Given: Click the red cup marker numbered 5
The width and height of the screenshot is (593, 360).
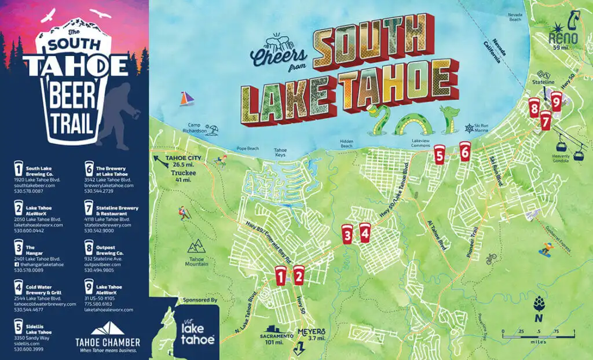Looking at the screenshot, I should coord(440,155).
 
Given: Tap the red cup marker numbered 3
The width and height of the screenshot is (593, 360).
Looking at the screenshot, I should coord(347,234).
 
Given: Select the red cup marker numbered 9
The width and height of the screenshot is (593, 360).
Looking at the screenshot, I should coord(556,104).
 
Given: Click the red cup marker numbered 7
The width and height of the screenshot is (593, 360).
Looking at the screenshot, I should coord(546,120).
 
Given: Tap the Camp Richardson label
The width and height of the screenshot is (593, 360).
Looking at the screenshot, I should coord(198,128).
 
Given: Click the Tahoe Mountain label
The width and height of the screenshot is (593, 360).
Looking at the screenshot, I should coord(197,261).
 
